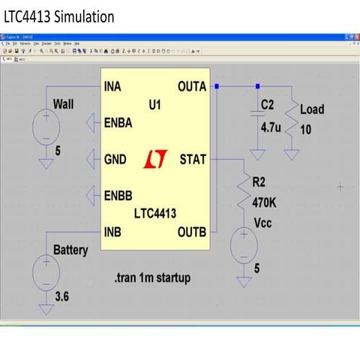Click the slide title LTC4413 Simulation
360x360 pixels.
59,16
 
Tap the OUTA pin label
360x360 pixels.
192,86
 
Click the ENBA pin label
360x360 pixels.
117,122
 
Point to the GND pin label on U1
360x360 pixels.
115,159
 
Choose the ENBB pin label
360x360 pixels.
117,196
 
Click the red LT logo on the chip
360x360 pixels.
154,159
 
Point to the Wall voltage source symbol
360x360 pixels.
46,125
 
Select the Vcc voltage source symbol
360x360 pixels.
244,246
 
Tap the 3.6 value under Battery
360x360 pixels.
61,296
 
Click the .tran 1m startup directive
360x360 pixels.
153,277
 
